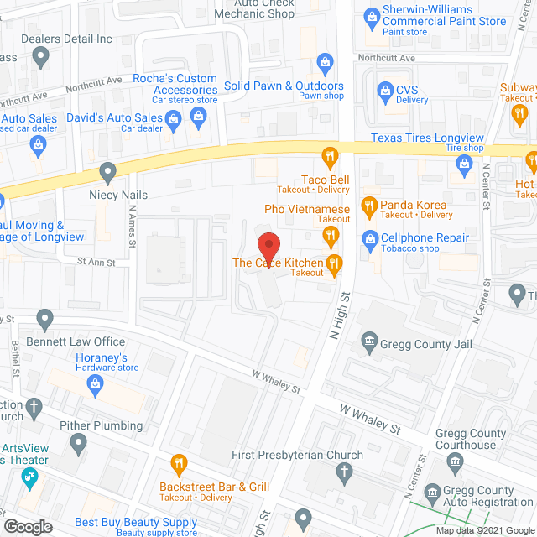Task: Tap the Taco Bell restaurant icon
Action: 330,155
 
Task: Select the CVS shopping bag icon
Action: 384,90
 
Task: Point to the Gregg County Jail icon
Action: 368,340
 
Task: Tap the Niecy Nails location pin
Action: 107,174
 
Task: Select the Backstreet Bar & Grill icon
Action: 179,462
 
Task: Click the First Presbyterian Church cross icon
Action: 343,473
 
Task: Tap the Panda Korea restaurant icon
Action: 368,205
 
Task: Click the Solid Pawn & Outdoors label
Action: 284,86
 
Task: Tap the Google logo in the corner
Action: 27,527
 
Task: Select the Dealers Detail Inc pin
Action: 39,57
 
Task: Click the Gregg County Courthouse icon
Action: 456,461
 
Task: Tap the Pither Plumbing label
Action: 101,425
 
